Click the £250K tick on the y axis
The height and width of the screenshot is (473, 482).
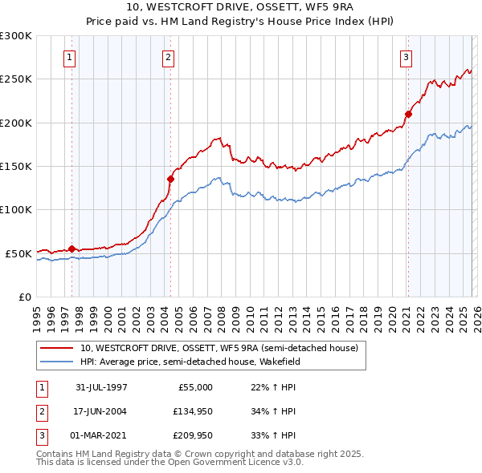click(x=16, y=79)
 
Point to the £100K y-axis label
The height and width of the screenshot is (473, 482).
click(x=16, y=209)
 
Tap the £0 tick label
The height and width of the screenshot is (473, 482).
click(x=24, y=297)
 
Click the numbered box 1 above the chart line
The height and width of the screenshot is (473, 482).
click(x=70, y=57)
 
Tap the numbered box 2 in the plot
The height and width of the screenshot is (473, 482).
click(x=168, y=57)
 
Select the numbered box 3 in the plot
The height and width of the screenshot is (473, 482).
click(x=406, y=57)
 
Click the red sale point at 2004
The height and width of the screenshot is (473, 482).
click(x=170, y=179)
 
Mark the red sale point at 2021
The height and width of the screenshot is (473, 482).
click(x=408, y=114)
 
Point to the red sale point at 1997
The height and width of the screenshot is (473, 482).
click(x=72, y=249)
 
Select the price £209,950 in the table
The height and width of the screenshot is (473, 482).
click(x=190, y=437)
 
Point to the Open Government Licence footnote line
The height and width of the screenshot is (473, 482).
click(x=170, y=463)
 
